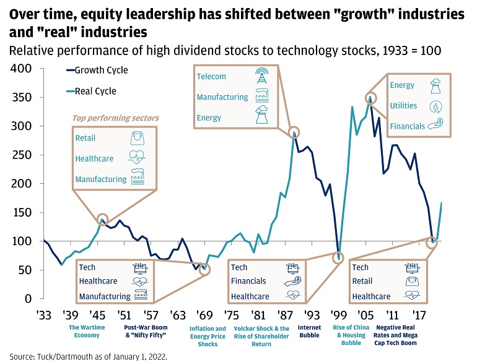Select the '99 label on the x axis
(x=338, y=313)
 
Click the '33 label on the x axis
(x=44, y=313)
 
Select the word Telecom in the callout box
(x=211, y=77)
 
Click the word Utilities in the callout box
(x=403, y=106)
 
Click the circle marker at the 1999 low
(x=338, y=258)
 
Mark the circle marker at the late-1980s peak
(x=294, y=132)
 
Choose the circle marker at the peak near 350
(x=371, y=98)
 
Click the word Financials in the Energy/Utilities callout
(x=408, y=126)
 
